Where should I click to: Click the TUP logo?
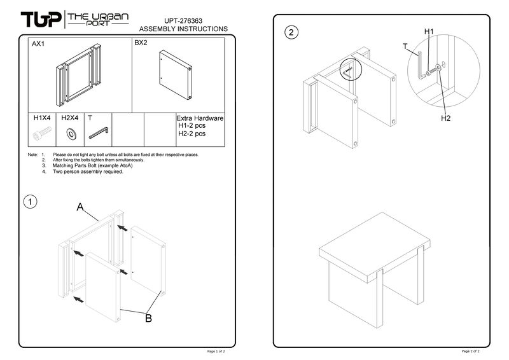[x=41, y=20]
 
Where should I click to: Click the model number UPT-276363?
[x=183, y=21]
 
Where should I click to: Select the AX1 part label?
[x=38, y=44]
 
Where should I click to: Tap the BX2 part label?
[x=141, y=43]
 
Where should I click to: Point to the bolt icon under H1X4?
[x=42, y=133]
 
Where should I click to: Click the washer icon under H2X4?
[x=71, y=134]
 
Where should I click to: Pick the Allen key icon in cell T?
[x=99, y=133]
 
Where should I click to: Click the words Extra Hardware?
[x=200, y=118]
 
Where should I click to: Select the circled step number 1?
[x=30, y=202]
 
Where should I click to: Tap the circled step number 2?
[x=291, y=32]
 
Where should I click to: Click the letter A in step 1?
[x=80, y=207]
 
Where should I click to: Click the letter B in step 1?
[x=148, y=318]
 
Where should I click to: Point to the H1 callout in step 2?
[x=429, y=31]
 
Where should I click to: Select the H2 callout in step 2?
[x=446, y=118]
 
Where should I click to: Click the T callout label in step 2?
[x=405, y=46]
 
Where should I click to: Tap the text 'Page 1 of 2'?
[x=216, y=351]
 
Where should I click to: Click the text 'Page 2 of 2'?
[x=470, y=351]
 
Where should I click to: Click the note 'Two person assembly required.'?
[x=88, y=171]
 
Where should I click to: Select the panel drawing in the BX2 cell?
[x=176, y=74]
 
